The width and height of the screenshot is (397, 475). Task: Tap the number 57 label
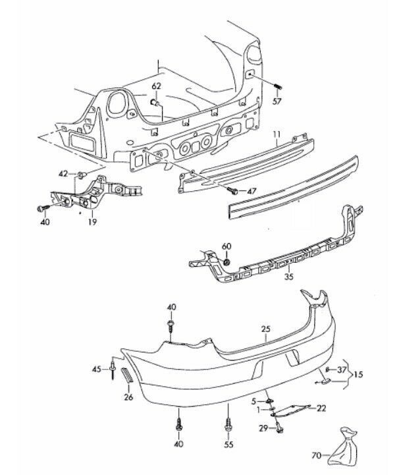(277, 101)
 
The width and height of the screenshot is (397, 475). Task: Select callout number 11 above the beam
(277, 135)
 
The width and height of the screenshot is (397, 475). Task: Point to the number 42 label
(63, 173)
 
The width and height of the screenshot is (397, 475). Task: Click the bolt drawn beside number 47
(232, 190)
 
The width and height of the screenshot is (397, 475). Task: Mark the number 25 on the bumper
(265, 329)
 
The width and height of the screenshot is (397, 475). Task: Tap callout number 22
(321, 409)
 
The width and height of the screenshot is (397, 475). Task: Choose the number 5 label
(253, 400)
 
